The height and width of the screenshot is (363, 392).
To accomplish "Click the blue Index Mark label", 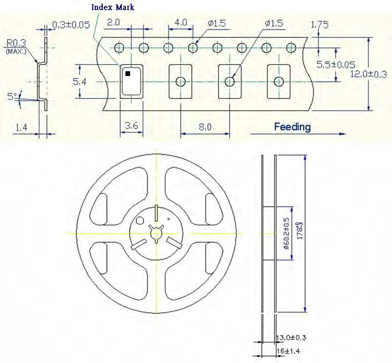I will tap(113, 7).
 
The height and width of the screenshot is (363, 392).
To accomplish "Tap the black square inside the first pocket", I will tap(128, 74).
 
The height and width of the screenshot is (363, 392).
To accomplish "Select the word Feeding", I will tap(292, 127).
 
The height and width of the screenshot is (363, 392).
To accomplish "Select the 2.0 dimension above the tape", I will tap(113, 23).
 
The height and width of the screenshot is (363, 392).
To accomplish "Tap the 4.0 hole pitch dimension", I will tap(180, 23).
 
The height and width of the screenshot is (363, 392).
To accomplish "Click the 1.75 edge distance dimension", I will tap(320, 24).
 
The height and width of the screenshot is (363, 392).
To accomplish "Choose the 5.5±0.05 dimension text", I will tap(335, 64).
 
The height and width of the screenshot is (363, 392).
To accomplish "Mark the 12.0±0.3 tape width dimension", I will tap(368, 74).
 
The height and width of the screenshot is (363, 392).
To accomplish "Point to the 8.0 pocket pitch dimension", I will tap(205, 127).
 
